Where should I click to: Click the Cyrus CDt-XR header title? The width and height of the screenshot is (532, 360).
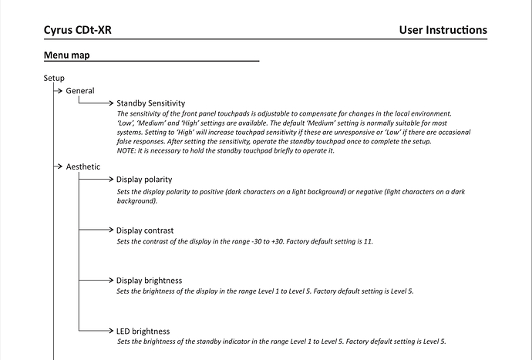point(82,30)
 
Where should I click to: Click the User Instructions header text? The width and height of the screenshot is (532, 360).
point(443,30)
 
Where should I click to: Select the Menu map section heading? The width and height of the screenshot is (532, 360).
point(68,56)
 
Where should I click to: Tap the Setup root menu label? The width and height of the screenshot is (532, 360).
point(54,78)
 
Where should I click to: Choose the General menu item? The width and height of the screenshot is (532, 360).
point(80,91)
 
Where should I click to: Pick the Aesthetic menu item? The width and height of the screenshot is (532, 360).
point(83,167)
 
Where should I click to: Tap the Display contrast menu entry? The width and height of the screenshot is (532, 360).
point(145,230)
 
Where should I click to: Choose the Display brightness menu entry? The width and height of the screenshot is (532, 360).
point(149,280)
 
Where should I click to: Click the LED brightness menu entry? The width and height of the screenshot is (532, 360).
point(143,331)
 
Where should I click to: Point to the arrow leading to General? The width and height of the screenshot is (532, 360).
point(58,91)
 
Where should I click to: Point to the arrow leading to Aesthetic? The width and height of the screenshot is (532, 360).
point(58,167)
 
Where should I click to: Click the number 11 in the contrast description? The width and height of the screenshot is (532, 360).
point(367,242)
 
